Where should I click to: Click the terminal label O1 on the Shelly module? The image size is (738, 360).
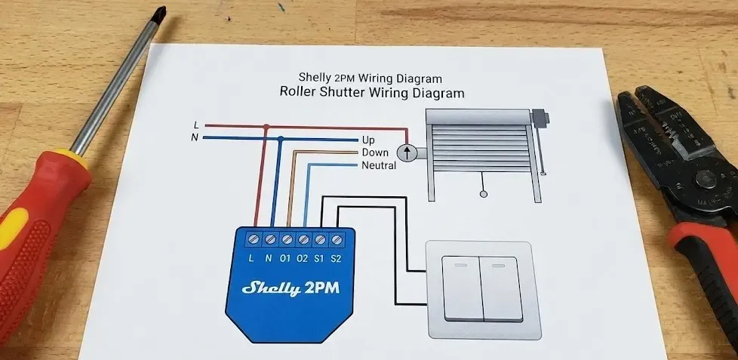pyautogui.click(x=285, y=259)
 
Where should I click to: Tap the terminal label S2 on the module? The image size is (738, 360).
pyautogui.click(x=337, y=259)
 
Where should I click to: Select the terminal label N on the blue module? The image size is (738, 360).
pyautogui.click(x=269, y=259)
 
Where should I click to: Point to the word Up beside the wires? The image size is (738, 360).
pyautogui.click(x=368, y=140)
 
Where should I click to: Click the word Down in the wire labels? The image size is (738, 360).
pyautogui.click(x=375, y=152)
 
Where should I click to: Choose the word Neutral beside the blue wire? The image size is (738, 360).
pyautogui.click(x=379, y=165)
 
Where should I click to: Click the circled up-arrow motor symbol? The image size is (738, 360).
pyautogui.click(x=407, y=153)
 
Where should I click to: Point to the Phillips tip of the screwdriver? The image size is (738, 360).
pyautogui.click(x=158, y=14)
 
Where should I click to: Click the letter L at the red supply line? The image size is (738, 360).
pyautogui.click(x=196, y=125)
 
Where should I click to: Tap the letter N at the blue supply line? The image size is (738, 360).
pyautogui.click(x=195, y=137)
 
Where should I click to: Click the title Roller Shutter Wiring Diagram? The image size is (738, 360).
pyautogui.click(x=371, y=94)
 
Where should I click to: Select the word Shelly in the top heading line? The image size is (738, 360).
pyautogui.click(x=314, y=77)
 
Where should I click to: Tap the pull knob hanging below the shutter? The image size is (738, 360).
pyautogui.click(x=484, y=194)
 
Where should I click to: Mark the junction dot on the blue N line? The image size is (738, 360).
pyautogui.click(x=281, y=138)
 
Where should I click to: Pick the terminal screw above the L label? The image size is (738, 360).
pyautogui.click(x=253, y=239)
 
